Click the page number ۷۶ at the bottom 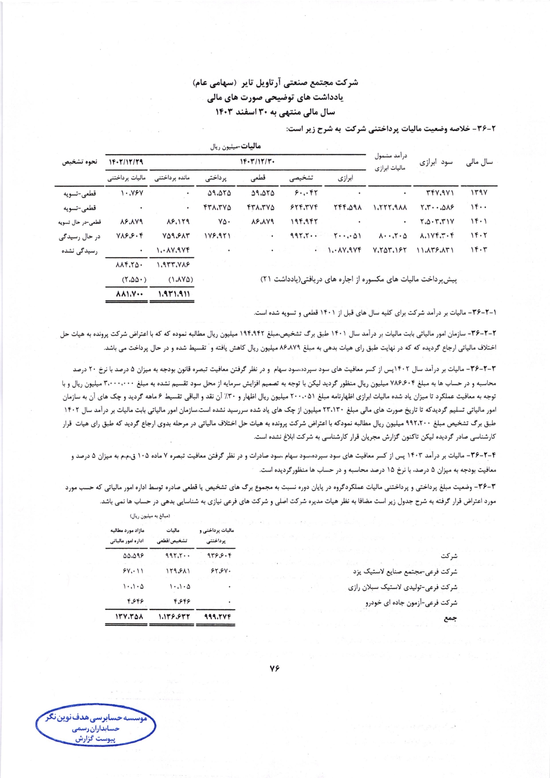[x=274, y=669]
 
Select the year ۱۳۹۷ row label [x=479, y=193]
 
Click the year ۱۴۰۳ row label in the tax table [x=479, y=250]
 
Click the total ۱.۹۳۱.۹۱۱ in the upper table [x=173, y=294]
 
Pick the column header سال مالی [x=479, y=162]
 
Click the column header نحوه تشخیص [x=79, y=162]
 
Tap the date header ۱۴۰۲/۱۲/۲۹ [x=126, y=162]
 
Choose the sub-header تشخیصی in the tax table [x=301, y=178]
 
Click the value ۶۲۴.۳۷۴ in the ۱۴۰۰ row [x=304, y=207]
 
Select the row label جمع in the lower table [x=450, y=618]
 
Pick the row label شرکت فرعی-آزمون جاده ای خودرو [x=411, y=603]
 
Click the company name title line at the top [x=275, y=83]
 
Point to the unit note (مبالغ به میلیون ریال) [x=150, y=516]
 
